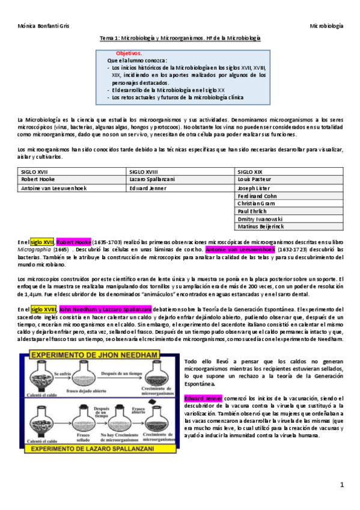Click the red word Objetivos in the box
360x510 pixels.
pos(129,54)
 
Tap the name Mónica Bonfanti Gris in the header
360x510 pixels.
pos(43,26)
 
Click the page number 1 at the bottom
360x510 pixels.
pos(341,485)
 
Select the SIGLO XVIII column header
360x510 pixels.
pos(142,171)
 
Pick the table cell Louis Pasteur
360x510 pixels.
pos(254,179)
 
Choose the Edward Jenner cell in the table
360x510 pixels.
pos(147,187)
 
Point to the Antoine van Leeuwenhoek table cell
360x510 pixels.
pos(53,187)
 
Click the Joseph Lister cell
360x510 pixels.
pos(253,187)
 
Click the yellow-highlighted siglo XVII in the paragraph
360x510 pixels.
pos(43,241)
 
